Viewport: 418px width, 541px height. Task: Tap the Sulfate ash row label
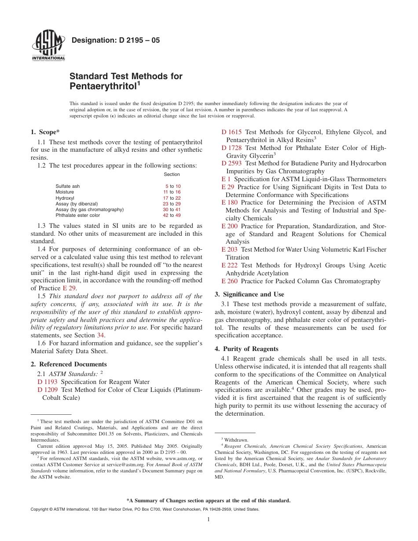point(68,186)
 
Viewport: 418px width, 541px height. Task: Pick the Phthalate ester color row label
point(77,215)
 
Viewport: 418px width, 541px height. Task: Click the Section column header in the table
point(172,175)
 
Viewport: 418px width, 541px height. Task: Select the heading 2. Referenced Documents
point(69,364)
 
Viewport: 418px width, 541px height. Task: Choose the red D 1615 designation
point(231,132)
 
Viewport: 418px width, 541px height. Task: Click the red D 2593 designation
point(231,163)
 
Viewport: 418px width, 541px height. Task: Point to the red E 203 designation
point(229,249)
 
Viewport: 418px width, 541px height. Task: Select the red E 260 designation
point(229,281)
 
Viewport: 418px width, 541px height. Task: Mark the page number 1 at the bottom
point(209,519)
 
